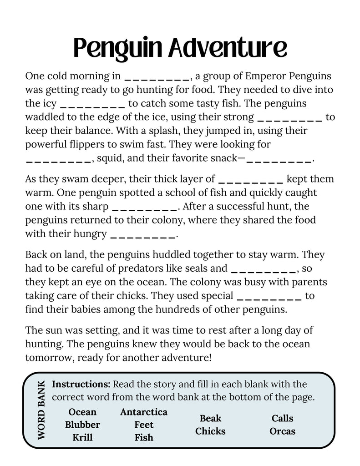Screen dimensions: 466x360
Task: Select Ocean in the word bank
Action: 82,412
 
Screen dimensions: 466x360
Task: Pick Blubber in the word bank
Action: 82,425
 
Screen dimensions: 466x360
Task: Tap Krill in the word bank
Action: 82,437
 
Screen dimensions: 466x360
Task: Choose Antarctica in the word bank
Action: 144,412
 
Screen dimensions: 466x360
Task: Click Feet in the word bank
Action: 144,425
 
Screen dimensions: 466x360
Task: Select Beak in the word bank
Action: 210,418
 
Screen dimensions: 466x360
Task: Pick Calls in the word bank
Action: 283,418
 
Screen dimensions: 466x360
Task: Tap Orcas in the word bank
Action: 283,431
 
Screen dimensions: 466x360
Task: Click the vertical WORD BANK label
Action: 41,410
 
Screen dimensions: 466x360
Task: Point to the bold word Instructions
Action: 81,384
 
